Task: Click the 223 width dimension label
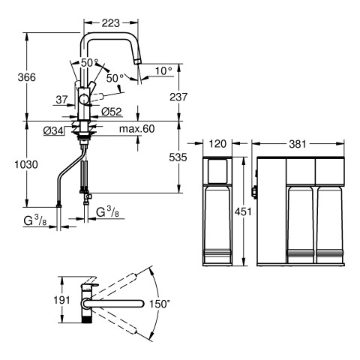tap(111, 23)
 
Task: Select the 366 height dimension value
tap(27, 77)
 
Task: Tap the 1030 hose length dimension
tap(26, 164)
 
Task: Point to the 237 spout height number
tap(178, 97)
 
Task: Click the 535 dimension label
tap(178, 157)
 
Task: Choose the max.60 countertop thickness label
tap(137, 129)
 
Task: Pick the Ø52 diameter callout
tap(112, 112)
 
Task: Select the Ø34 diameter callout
tap(53, 130)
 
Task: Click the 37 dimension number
tap(61, 100)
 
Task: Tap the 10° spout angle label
tap(163, 71)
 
